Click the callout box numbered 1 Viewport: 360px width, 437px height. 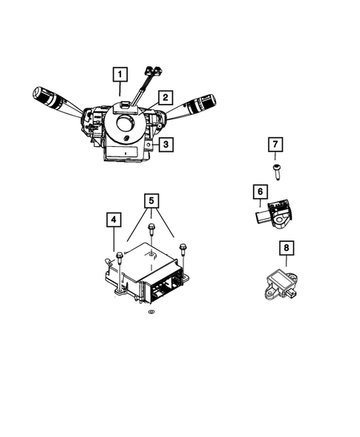click(120, 74)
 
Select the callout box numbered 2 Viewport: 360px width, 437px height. click(164, 97)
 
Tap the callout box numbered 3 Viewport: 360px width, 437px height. click(166, 145)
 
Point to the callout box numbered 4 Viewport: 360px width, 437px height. click(113, 220)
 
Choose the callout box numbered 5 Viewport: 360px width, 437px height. click(151, 200)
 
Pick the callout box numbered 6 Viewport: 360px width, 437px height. click(260, 193)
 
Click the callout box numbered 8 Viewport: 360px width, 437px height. click(285, 248)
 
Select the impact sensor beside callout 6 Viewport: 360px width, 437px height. click(275, 213)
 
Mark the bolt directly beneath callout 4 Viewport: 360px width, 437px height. click(119, 257)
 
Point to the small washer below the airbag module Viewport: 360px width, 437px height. click(151, 315)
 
